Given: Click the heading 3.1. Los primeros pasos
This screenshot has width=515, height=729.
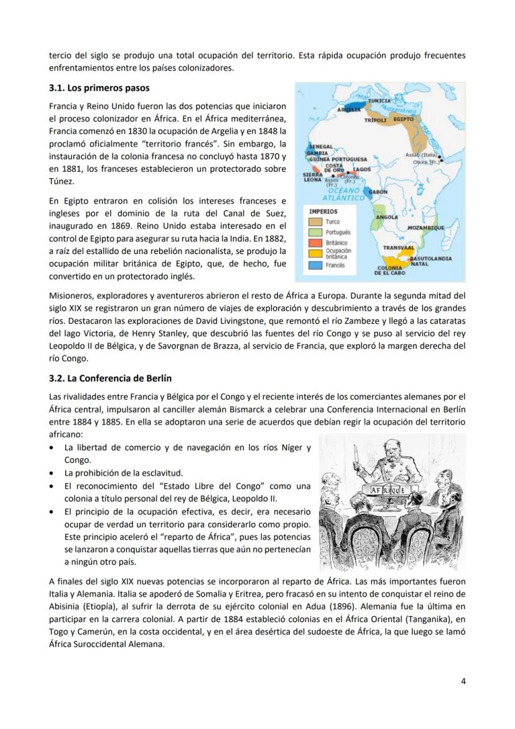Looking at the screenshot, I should pos(100,88).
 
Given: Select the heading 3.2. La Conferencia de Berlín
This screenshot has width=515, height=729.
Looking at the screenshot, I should pos(110,378).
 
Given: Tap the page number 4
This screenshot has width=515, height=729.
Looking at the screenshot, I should pos(463,680).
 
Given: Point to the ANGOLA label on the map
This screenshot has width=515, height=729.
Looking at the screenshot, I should pos(386,217).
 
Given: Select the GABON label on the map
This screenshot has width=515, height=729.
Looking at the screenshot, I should pos(378,192).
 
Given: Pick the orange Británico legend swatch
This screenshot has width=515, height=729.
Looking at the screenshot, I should pos(316,243).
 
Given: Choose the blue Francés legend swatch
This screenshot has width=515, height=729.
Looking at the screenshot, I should pos(316,265).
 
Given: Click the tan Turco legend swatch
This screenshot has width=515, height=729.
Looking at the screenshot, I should pos(316,222).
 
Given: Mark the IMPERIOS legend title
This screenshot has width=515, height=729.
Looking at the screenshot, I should pos(323,212).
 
